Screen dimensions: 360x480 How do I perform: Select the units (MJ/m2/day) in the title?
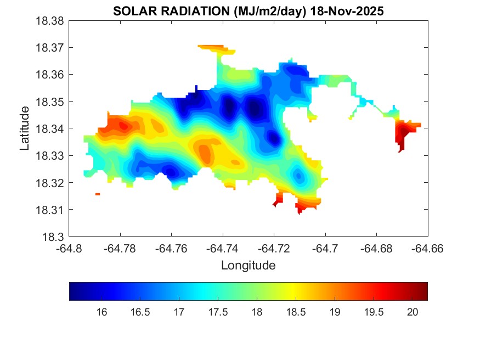pyautogui.click(x=265, y=11)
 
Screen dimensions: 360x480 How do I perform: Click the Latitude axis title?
pyautogui.click(x=25, y=128)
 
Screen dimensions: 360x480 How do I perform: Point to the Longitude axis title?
pyautogui.click(x=248, y=266)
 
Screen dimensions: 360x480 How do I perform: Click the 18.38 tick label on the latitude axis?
pyautogui.click(x=50, y=21)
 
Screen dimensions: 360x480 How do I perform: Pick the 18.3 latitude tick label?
pyautogui.click(x=54, y=237)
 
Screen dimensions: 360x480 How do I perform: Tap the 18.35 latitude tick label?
pyautogui.click(x=50, y=102)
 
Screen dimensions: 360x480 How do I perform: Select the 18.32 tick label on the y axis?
pyautogui.click(x=50, y=183)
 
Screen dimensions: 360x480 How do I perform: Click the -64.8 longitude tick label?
pyautogui.click(x=70, y=248)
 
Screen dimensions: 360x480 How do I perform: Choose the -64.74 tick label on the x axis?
pyautogui.click(x=222, y=248)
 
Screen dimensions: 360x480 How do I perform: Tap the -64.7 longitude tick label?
pyautogui.click(x=326, y=248)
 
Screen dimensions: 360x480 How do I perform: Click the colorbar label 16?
pyautogui.click(x=101, y=312)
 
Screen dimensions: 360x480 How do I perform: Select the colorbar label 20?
pyautogui.click(x=413, y=312)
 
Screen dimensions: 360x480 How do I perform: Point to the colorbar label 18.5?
pyautogui.click(x=296, y=312)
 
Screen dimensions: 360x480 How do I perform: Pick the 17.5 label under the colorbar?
pyautogui.click(x=218, y=312)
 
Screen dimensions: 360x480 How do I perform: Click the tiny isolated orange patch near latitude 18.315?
pyautogui.click(x=98, y=194)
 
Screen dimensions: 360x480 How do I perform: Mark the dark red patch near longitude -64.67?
pyautogui.click(x=403, y=133)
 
